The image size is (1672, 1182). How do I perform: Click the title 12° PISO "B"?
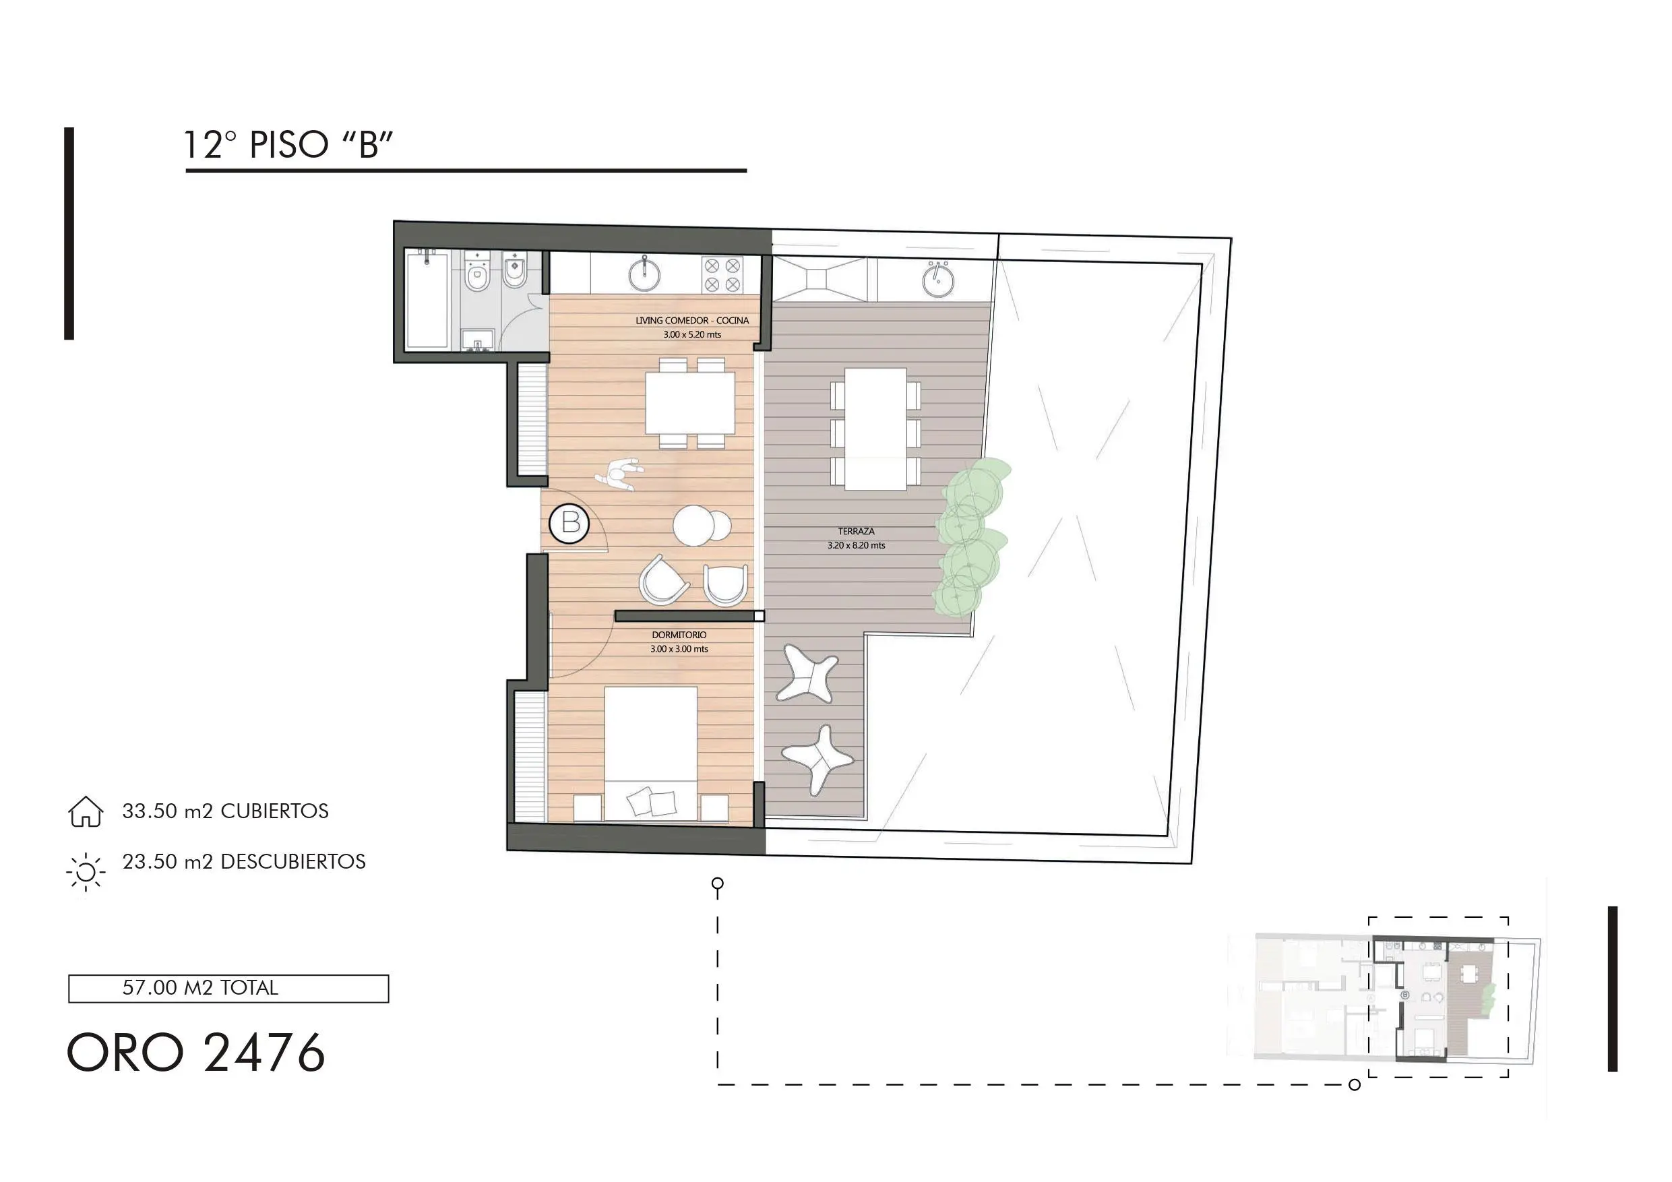288,144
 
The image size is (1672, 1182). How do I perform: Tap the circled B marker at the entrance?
569,523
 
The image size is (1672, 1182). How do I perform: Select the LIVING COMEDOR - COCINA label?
692,321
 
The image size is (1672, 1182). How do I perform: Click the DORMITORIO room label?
679,635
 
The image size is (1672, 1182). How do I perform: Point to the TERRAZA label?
856,532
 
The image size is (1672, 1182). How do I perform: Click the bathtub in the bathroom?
427,300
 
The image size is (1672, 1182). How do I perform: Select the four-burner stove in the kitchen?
722,276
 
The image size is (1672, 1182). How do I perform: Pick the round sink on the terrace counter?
938,280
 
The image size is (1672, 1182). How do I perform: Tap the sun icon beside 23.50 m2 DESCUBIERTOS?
86,871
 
